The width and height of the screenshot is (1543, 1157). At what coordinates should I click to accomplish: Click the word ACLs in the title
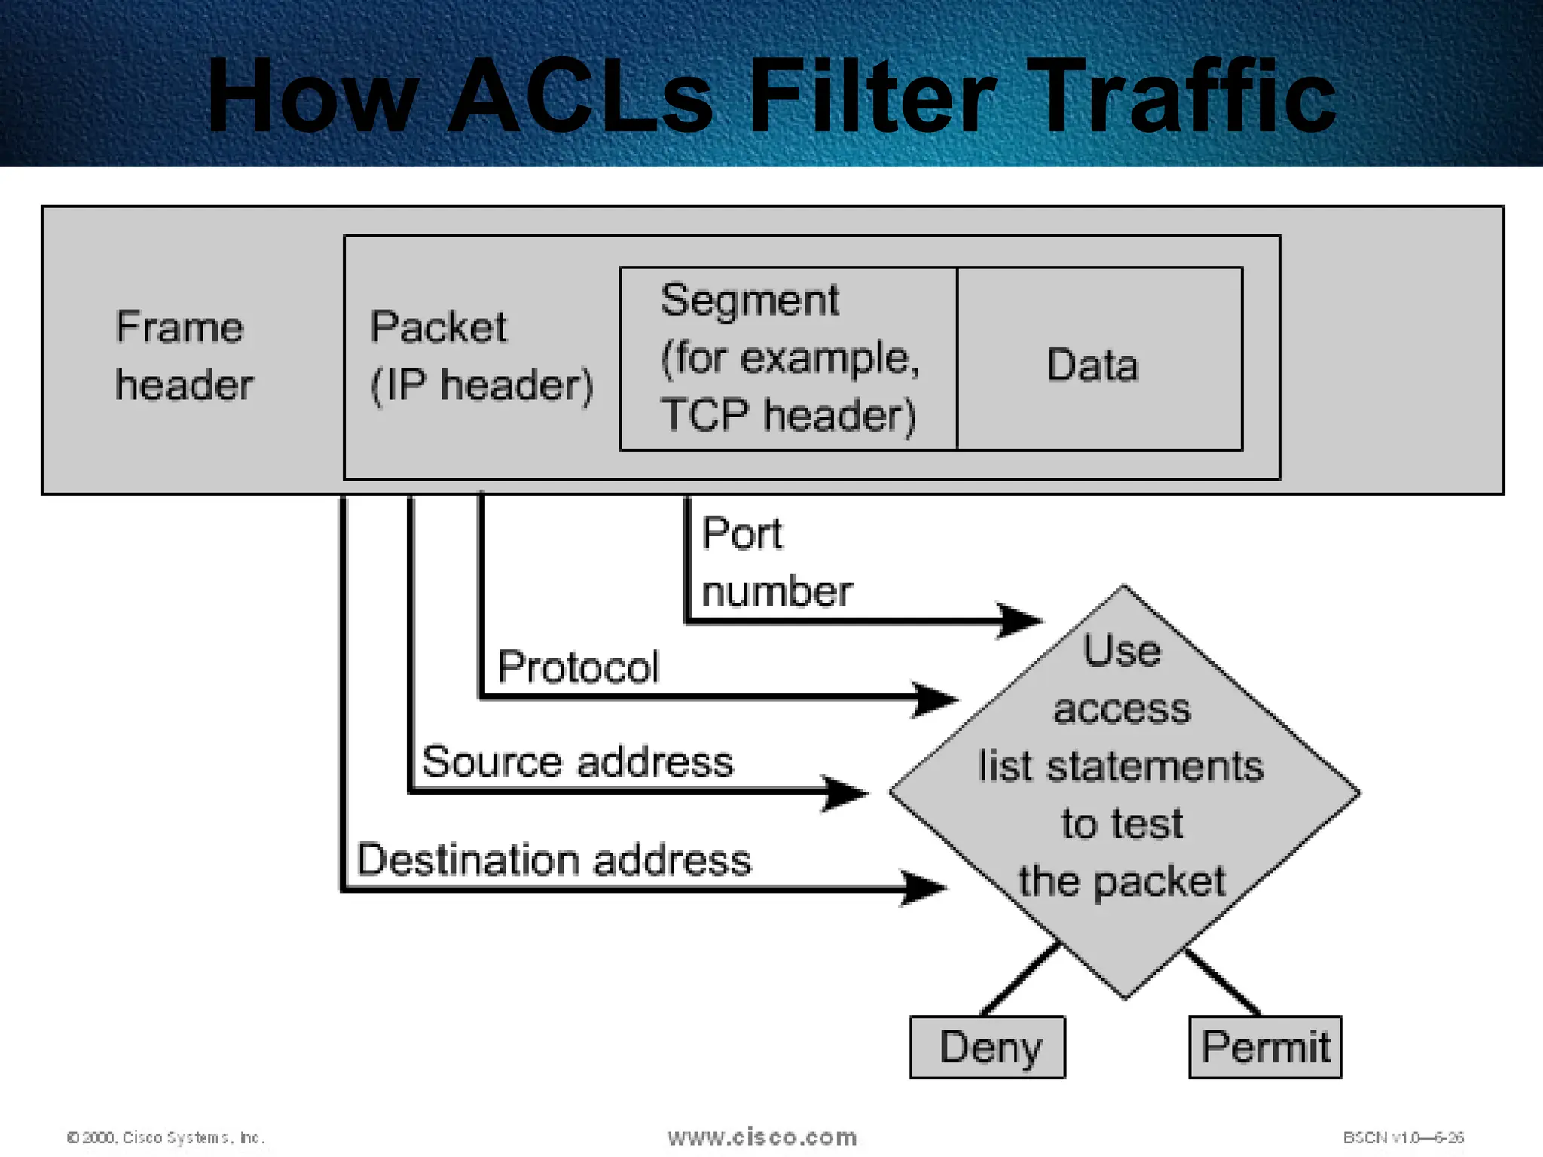pyautogui.click(x=580, y=96)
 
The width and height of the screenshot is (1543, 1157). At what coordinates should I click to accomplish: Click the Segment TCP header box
pyautogui.click(x=788, y=359)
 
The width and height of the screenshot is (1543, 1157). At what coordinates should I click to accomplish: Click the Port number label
pyautogui.click(x=776, y=562)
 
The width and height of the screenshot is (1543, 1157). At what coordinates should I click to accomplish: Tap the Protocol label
pyautogui.click(x=578, y=667)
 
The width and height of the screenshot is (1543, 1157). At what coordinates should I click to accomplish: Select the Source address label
pyautogui.click(x=577, y=762)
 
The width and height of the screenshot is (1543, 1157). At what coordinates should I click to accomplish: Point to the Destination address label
pyautogui.click(x=554, y=859)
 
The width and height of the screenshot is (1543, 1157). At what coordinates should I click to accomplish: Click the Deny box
pyautogui.click(x=988, y=1047)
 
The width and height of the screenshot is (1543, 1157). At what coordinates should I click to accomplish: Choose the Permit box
pyautogui.click(x=1265, y=1047)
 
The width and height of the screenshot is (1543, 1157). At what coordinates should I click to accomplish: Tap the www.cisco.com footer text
pyautogui.click(x=762, y=1137)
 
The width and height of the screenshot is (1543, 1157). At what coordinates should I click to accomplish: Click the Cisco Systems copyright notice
pyautogui.click(x=166, y=1137)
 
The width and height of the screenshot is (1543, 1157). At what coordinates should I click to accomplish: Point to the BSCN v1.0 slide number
pyautogui.click(x=1403, y=1137)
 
